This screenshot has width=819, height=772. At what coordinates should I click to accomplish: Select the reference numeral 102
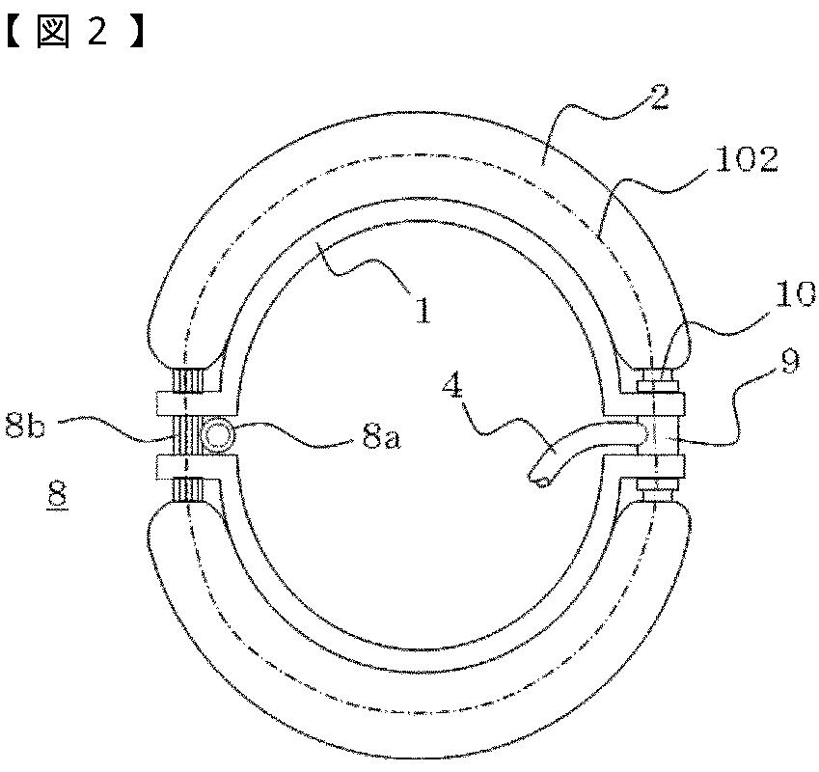tap(748, 160)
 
